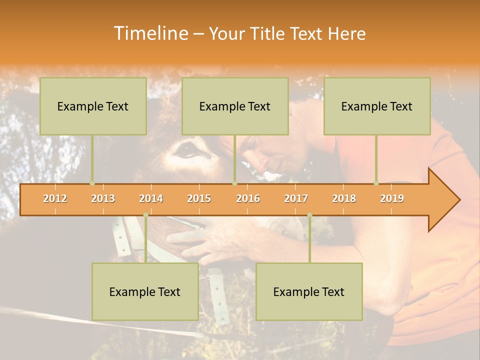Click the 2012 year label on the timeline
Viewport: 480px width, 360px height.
pos(55,198)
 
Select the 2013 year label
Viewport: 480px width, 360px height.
pos(103,198)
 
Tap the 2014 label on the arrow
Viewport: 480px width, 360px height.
pos(151,198)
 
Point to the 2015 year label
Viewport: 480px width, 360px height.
pos(199,198)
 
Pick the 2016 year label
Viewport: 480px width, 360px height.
pos(248,198)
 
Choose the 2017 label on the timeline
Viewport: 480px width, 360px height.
pos(296,198)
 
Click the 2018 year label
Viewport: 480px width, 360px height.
pos(344,198)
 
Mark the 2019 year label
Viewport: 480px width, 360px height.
pos(392,198)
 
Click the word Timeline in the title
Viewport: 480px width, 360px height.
pos(150,33)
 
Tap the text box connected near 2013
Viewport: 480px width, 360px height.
pos(93,106)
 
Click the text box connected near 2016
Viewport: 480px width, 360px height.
pos(235,106)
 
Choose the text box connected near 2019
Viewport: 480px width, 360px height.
pos(377,106)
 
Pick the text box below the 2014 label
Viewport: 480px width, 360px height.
pos(145,291)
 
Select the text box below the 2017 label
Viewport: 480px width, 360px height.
pos(309,291)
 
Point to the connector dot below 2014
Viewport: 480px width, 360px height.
pos(145,215)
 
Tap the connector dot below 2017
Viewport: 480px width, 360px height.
pos(309,215)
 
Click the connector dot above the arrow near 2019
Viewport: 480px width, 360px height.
pos(376,183)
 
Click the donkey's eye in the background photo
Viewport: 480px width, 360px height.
pos(186,148)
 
